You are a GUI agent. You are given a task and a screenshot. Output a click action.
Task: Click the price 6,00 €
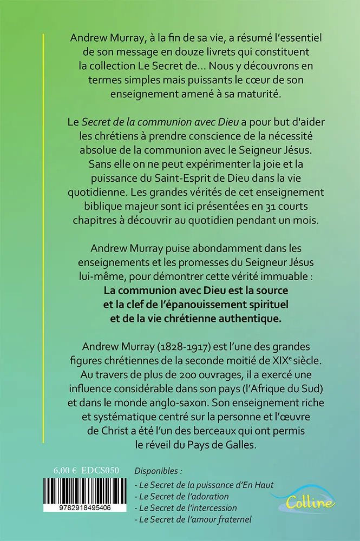pos(66,471)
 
